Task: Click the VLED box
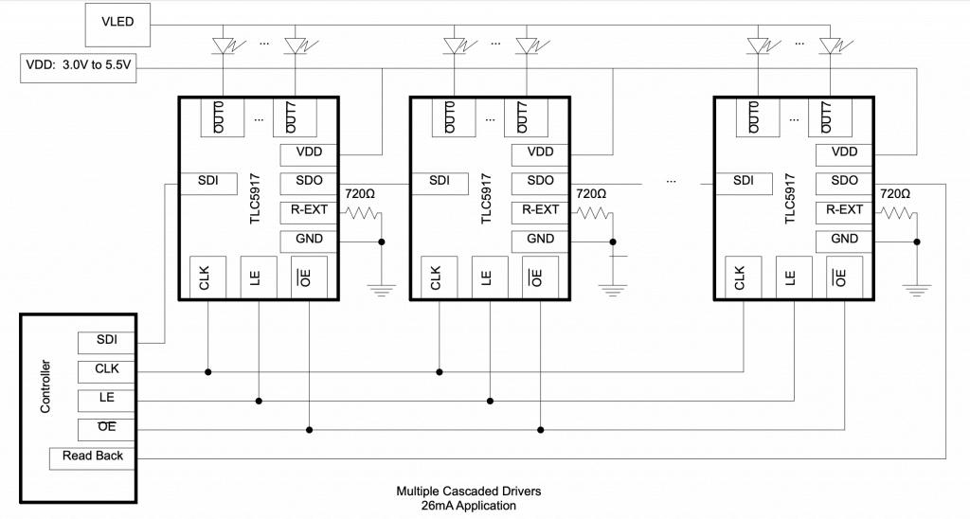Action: point(117,25)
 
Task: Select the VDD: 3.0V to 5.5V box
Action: point(79,68)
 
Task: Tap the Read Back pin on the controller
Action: point(93,458)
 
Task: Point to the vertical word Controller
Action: point(45,386)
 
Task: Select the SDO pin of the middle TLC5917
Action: point(539,184)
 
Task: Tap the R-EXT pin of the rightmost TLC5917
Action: point(844,213)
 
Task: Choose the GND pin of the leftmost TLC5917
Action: point(308,242)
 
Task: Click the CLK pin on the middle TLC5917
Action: point(440,277)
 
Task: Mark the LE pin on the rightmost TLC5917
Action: point(794,277)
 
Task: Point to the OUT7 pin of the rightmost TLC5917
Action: point(830,117)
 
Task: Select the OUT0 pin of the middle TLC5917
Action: point(454,117)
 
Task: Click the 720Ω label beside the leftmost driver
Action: point(360,193)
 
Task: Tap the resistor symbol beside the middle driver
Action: point(595,213)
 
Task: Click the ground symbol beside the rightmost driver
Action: point(917,290)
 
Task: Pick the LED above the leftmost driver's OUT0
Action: point(223,45)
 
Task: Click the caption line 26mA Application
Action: point(468,506)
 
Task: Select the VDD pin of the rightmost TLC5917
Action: point(844,154)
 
